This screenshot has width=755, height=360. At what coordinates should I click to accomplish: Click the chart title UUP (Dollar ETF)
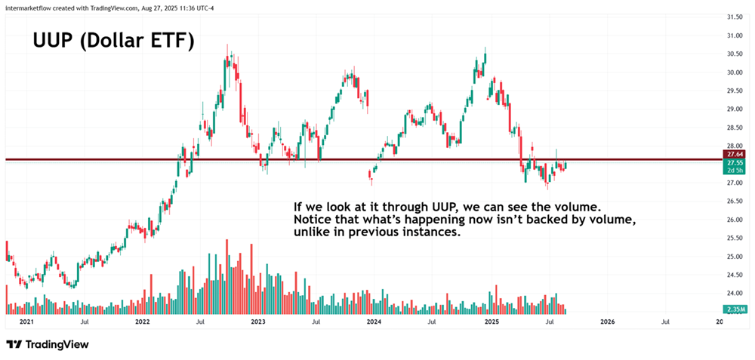tap(113, 41)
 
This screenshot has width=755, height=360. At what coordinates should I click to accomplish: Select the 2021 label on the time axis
tap(26, 322)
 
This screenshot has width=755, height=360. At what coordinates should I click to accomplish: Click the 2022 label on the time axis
tap(142, 322)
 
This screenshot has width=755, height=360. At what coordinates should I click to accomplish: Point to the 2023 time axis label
tap(258, 322)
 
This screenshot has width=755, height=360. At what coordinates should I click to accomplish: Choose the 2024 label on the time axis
tap(374, 322)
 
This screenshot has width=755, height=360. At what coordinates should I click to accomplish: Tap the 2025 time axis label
tap(490, 322)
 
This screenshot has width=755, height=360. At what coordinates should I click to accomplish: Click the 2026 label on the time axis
tap(606, 322)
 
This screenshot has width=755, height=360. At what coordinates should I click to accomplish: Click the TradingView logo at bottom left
tap(47, 344)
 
